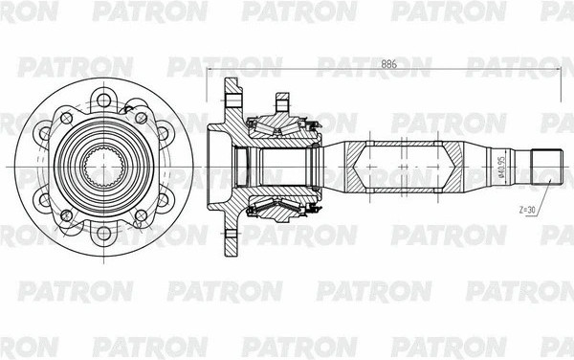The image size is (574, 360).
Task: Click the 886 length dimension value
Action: point(387,64)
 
